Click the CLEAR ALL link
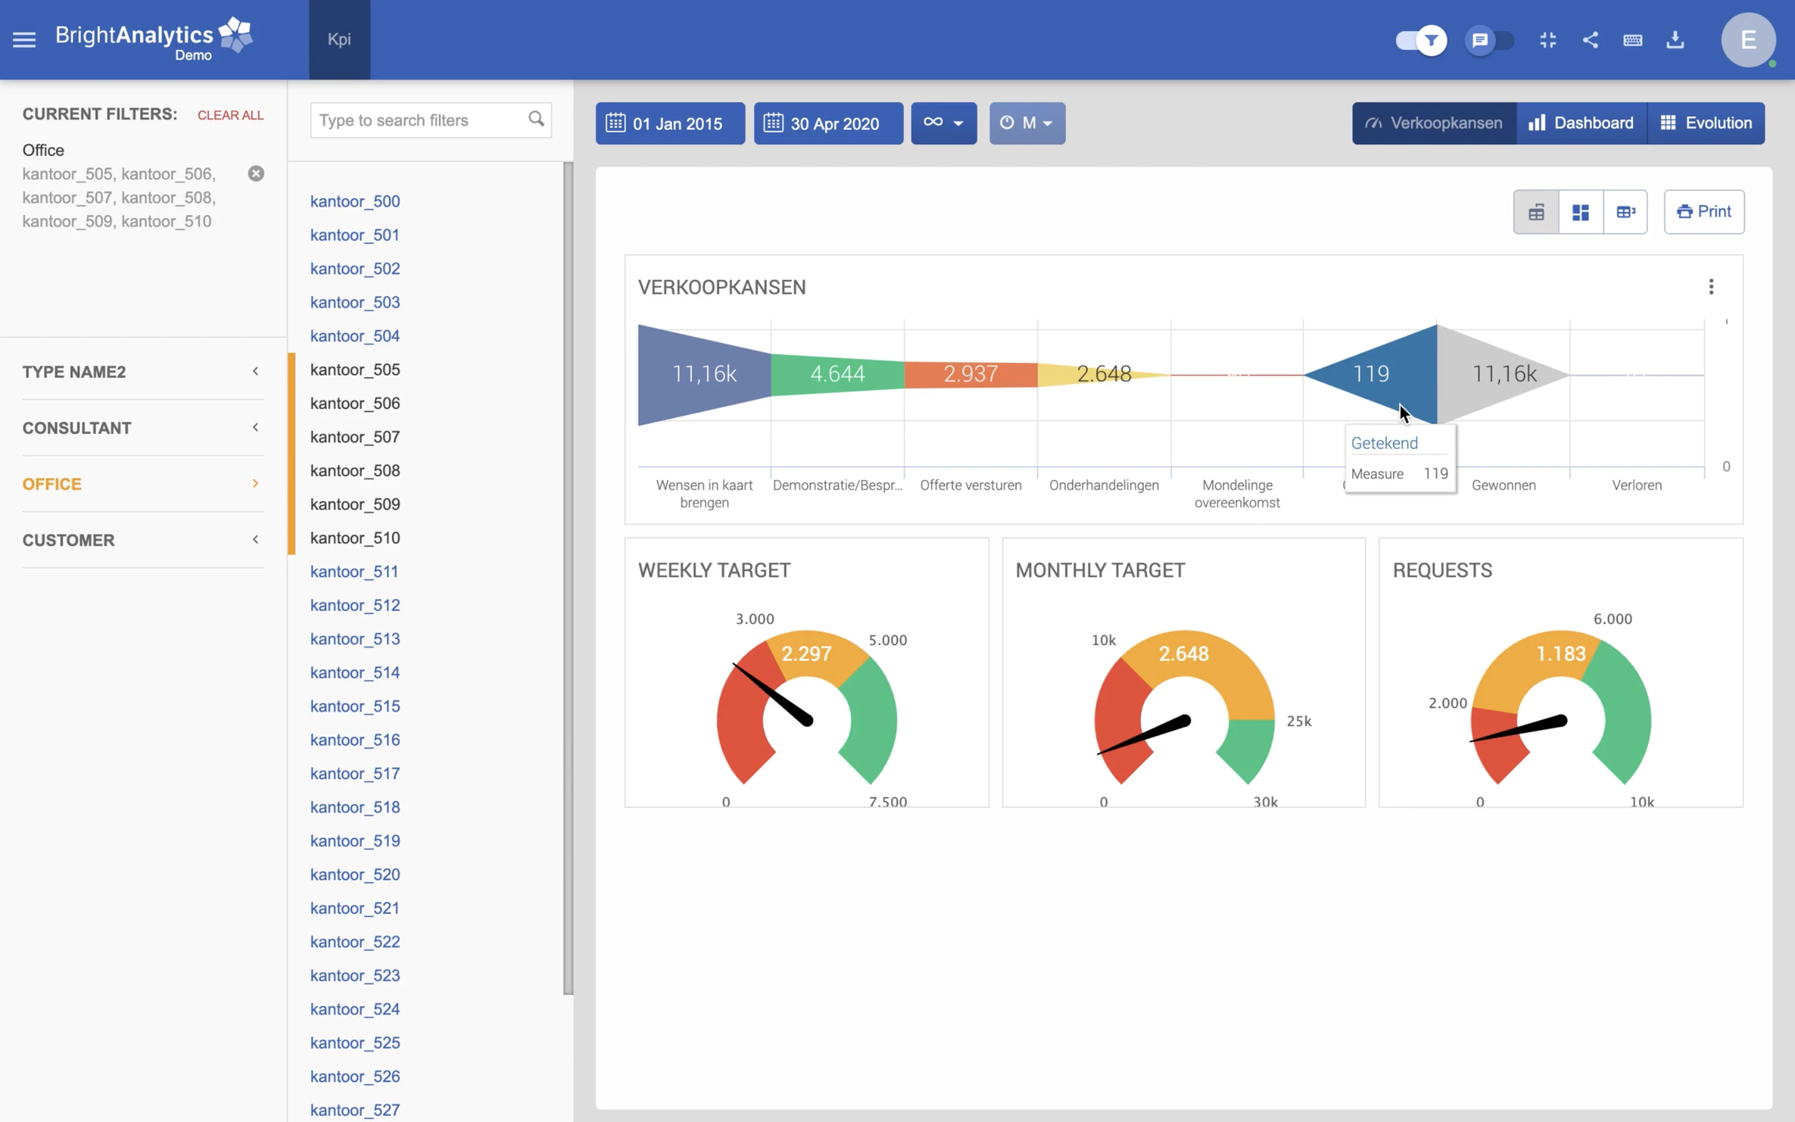coord(230,115)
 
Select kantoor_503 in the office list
coord(355,302)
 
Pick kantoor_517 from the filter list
coord(355,773)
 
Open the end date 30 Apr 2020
coord(828,123)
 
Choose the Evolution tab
coord(1706,123)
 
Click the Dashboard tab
coord(1581,123)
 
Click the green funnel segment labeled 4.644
coord(838,374)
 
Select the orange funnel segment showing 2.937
coord(970,374)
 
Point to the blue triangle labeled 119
coord(1380,374)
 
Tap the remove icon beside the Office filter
coord(256,174)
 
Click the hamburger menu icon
coord(24,40)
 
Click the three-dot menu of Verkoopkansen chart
coord(1710,287)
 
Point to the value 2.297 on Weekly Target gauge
coord(807,654)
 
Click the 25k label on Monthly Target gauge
coord(1299,721)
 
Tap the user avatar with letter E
coord(1748,40)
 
